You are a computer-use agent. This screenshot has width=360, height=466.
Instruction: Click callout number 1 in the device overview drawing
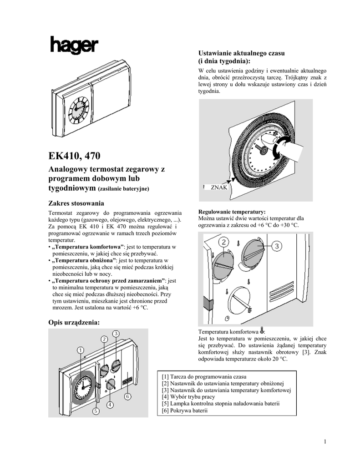80,350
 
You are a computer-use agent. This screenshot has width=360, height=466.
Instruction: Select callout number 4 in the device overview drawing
110,404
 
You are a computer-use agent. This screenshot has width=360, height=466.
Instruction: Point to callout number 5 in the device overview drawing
96,411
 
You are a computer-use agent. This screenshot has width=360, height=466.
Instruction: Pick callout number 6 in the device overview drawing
127,396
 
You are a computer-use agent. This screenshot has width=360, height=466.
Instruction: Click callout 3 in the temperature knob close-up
278,246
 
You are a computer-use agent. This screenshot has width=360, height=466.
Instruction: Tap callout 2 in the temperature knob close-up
223,241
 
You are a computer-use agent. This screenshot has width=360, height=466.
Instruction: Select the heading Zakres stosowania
76,203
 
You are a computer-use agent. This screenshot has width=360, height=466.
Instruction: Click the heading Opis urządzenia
74,322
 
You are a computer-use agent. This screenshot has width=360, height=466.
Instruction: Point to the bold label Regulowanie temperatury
232,212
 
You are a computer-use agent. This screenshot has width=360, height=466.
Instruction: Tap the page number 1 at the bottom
326,441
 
